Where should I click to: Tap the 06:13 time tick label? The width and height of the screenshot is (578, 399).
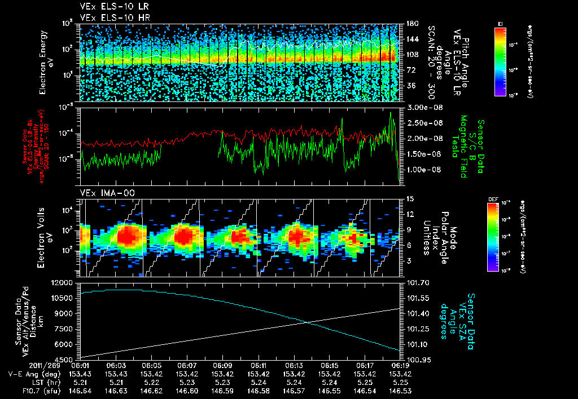[x=294, y=365]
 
